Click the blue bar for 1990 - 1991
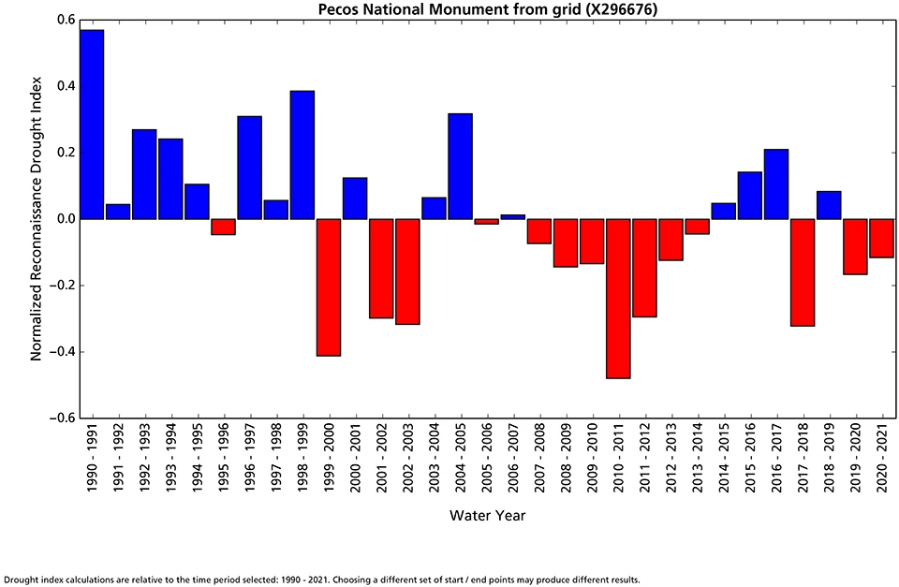click(92, 125)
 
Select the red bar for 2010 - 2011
click(618, 299)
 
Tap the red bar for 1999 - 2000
click(329, 287)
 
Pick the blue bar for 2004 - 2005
click(460, 167)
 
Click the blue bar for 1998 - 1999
click(302, 155)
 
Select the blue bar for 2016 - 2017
click(776, 184)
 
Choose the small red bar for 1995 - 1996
click(223, 227)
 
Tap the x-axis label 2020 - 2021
click(882, 460)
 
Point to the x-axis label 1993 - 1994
click(170, 460)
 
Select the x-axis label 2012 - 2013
click(671, 460)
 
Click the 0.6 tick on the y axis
click(65, 20)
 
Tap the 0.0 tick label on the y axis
click(65, 219)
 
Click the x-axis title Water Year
click(486, 515)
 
